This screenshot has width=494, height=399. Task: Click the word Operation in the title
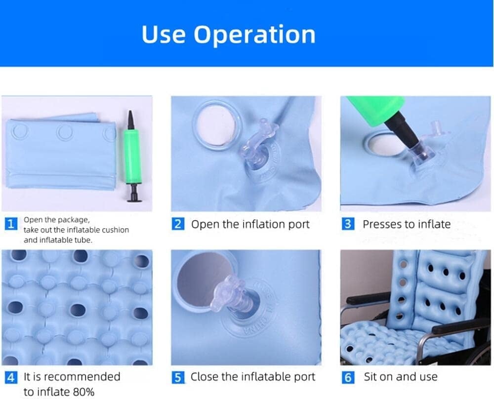coord(254,35)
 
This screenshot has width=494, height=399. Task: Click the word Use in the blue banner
coord(164,34)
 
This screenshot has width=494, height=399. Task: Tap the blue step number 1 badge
coord(11,224)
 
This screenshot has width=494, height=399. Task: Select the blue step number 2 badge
coord(178,224)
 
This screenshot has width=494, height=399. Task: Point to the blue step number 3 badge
coord(348,224)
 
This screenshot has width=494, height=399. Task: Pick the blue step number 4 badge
coord(11,377)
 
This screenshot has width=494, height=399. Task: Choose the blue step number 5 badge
coord(178,377)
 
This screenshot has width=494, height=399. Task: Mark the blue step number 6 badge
coord(348,377)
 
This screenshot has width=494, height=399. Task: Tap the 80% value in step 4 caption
coord(83,392)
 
